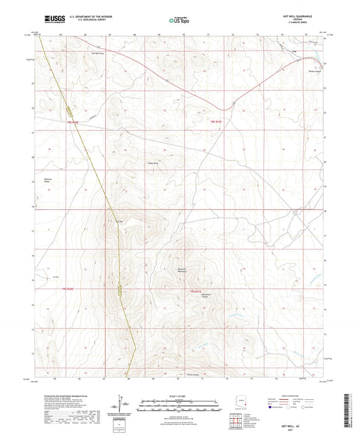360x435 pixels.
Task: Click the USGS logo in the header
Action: point(52,20)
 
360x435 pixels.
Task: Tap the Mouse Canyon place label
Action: point(315,68)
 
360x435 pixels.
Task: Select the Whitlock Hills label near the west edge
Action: point(48,180)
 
